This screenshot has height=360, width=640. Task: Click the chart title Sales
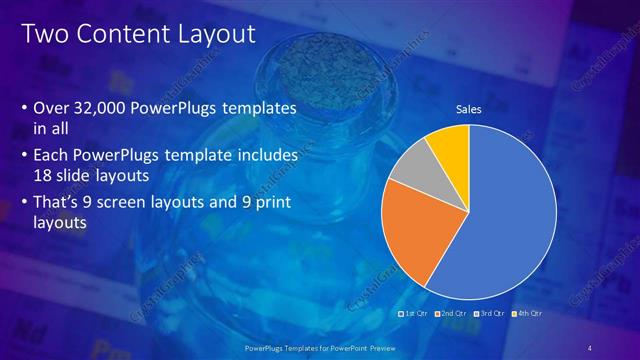coord(469,109)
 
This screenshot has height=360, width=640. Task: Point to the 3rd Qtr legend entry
coord(490,313)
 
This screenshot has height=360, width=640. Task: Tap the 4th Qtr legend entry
coord(527,313)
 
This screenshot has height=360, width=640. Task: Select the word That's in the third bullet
coord(59,205)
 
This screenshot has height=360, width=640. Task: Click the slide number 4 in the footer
coord(590,347)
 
